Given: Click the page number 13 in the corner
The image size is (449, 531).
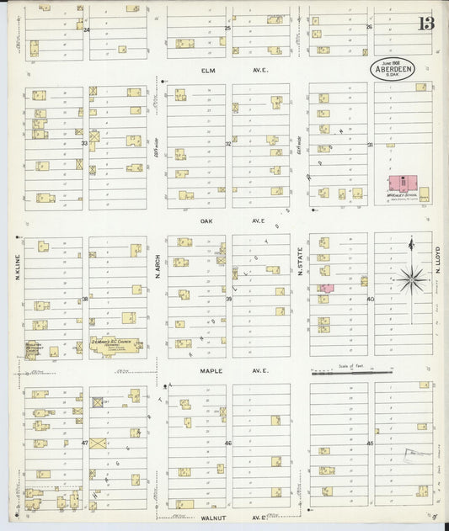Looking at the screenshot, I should [425, 23].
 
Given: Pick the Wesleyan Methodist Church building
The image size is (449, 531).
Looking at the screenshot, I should [34, 348].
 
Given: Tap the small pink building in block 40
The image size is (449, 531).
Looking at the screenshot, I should [325, 289].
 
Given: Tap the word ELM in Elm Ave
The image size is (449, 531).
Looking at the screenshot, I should [202, 72].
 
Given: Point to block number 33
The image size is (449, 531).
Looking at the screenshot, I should [84, 144].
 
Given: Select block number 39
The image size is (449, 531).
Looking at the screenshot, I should [228, 299].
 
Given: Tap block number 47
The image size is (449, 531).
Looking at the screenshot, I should [84, 442].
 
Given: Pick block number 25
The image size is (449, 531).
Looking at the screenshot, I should [227, 28].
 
